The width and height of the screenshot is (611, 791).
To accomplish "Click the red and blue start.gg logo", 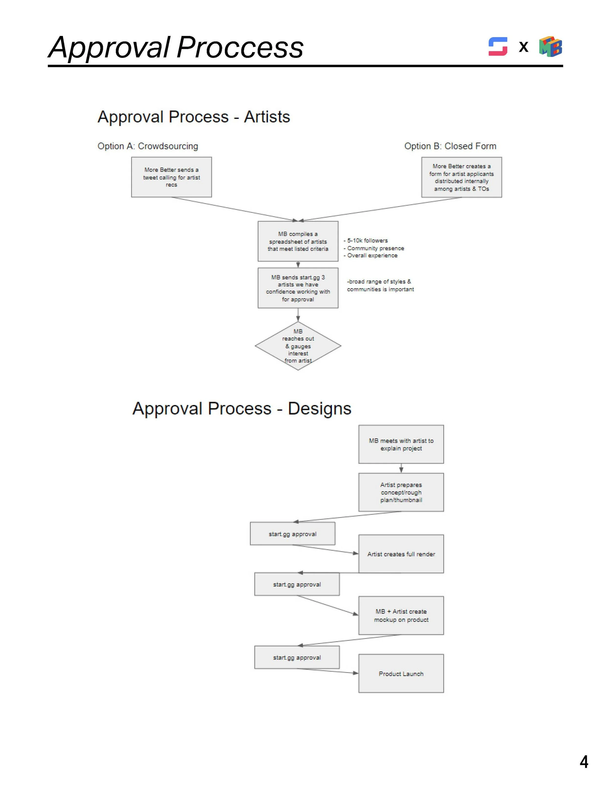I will tap(498, 46).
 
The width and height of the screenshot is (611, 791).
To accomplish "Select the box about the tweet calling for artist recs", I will tap(171, 177).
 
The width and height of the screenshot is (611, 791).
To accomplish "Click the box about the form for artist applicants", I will tap(461, 177).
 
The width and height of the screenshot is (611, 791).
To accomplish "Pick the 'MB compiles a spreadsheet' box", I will tap(298, 241).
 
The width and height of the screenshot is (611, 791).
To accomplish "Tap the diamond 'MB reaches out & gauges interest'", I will tap(298, 346).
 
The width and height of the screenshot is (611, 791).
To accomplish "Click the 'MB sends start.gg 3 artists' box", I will tap(298, 288).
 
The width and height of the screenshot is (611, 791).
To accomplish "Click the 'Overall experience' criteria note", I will tap(372, 255).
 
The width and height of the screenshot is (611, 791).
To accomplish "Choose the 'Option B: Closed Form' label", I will tap(450, 146).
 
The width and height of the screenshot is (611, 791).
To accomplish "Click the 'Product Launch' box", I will tap(401, 674).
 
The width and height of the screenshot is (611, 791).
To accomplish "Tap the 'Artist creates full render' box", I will tap(401, 554).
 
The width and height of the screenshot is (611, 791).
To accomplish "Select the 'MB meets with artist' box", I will tap(401, 444).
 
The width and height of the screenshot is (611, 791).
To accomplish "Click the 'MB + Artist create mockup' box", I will tap(401, 615).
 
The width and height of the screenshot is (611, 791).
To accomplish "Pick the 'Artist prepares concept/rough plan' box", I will tap(401, 492).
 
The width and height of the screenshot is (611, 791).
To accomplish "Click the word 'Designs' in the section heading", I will tap(319, 409).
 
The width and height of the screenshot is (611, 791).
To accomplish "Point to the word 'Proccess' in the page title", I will tap(240, 47).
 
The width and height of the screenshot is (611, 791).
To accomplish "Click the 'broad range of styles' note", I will tap(380, 285).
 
